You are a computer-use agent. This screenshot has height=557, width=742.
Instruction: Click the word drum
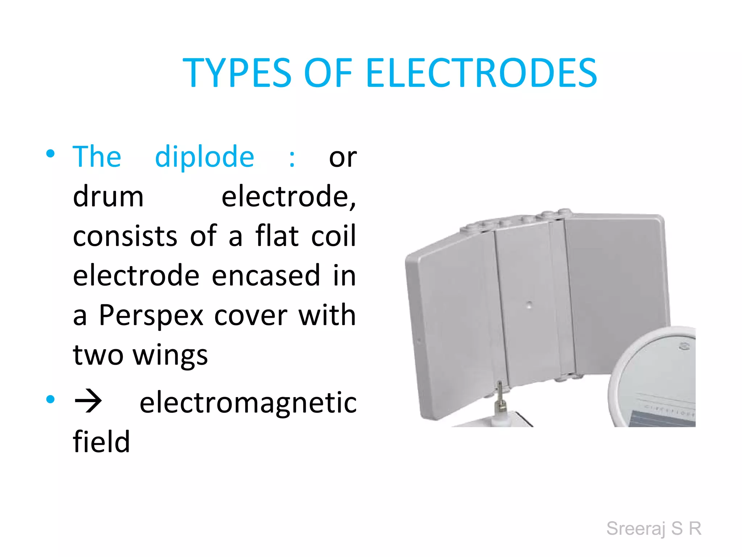108,197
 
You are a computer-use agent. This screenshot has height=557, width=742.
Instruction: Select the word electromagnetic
248,403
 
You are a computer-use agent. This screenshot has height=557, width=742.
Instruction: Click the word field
101,442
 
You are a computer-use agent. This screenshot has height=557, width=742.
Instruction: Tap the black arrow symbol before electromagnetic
88,401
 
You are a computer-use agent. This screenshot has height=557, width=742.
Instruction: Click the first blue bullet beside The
50,153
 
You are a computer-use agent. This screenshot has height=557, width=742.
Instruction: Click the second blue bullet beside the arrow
50,400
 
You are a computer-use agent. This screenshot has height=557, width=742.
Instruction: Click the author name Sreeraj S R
654,528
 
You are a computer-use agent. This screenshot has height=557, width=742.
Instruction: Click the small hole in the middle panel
529,305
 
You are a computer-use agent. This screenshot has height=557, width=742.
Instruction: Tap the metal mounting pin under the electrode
500,399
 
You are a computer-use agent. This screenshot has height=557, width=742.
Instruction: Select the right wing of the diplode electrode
616,283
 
